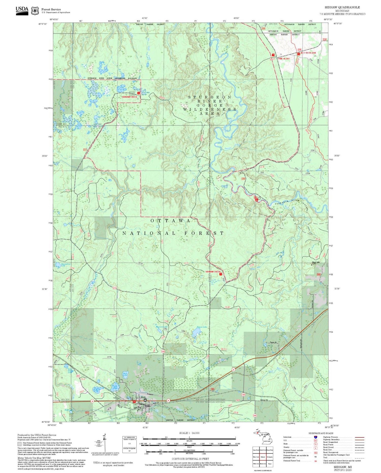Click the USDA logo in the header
click(22, 10)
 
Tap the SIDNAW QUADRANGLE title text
click(342, 7)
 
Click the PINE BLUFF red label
click(284, 59)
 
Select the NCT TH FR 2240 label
click(308, 53)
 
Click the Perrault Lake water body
click(196, 332)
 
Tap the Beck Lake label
click(125, 373)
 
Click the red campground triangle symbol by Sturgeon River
click(257, 200)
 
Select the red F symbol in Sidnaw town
click(134, 402)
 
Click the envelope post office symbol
click(145, 400)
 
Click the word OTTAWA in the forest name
click(170, 220)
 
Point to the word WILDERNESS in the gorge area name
click(210, 109)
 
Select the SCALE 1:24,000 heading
click(189, 433)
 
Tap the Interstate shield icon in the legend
click(315, 437)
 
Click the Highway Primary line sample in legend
click(358, 437)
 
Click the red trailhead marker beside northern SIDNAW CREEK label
click(138, 93)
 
